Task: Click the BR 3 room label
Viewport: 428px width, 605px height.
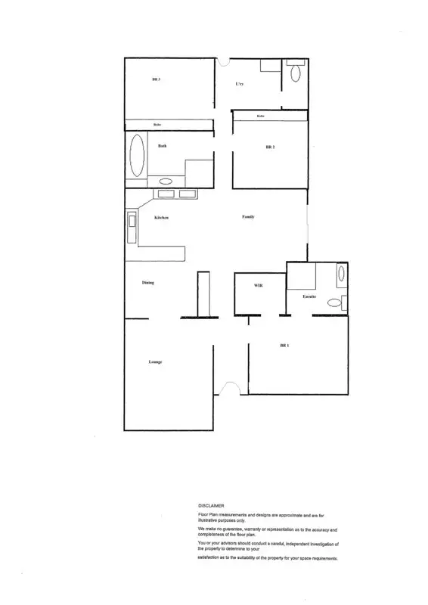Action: click(157, 79)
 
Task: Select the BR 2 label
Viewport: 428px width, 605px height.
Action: click(270, 147)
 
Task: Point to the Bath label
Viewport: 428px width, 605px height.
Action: click(163, 146)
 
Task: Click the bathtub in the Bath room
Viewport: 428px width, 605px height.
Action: click(138, 157)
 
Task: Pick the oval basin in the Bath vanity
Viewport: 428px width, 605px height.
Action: click(165, 181)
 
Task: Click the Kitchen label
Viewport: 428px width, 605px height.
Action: click(161, 218)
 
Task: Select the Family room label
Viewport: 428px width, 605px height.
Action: click(248, 217)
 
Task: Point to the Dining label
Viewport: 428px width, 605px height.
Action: click(148, 283)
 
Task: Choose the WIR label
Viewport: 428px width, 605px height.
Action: click(258, 286)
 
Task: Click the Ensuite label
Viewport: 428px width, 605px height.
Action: click(309, 296)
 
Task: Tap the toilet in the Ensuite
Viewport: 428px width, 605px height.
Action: click(335, 302)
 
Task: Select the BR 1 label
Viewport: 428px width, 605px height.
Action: click(285, 346)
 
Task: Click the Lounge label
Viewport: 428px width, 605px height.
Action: click(156, 362)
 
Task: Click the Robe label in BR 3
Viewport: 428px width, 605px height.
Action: click(157, 125)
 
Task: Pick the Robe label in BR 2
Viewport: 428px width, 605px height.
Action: click(260, 116)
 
